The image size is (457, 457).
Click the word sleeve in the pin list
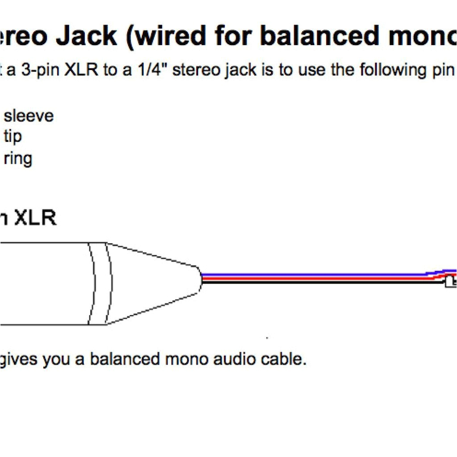tap(29, 116)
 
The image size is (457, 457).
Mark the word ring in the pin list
tap(18, 158)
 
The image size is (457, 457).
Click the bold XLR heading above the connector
tap(35, 219)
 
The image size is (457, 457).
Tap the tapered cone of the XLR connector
tap(154, 283)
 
